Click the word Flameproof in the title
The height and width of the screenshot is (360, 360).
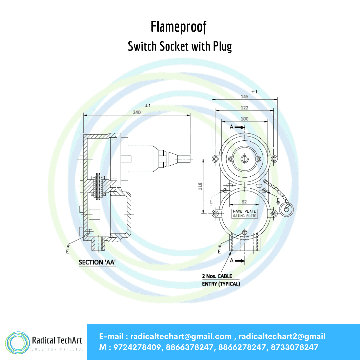coord(179,27)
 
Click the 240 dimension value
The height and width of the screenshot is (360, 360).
coord(137,112)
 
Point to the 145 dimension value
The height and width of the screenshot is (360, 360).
coord(245,96)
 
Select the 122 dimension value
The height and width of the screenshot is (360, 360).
coord(245,108)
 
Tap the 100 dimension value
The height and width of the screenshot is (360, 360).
coord(244,119)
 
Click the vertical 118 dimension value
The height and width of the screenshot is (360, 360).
coord(200,186)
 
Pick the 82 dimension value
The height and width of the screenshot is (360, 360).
coord(244,202)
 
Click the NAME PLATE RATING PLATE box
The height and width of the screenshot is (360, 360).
coord(245,213)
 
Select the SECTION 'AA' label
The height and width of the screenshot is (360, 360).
coord(97,262)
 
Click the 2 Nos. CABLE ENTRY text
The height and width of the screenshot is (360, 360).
coord(220,280)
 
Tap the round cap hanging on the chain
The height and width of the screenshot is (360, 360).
coord(286,209)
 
